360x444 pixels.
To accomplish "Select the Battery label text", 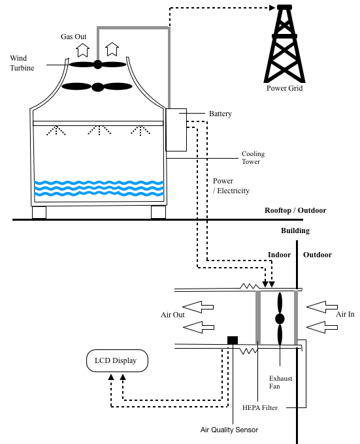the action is coord(220,114).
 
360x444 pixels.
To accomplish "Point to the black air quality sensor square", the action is coord(233,340).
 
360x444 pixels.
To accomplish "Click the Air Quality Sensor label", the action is coord(229,430).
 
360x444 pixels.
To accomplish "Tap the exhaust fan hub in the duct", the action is coord(280,319).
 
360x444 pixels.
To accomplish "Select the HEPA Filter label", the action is coord(260,407).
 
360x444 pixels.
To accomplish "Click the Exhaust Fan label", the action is coord(280,382).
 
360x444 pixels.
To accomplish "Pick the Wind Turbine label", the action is coord(22,63).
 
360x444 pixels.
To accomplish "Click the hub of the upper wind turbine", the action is coord(98,65).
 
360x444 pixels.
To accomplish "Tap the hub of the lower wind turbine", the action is coord(98,87).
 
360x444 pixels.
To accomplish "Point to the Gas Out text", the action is coord(73,37).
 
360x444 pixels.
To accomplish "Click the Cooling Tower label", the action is coord(253,157).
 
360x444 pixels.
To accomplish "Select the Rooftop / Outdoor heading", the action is coord(295,210).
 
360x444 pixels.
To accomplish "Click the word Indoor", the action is coord(279,255).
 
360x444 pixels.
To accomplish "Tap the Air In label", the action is coord(345,314).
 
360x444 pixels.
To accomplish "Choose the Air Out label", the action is coord(172,315).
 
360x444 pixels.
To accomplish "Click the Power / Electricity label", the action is coord(231,185).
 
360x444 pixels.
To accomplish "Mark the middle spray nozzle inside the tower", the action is coord(99,130).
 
